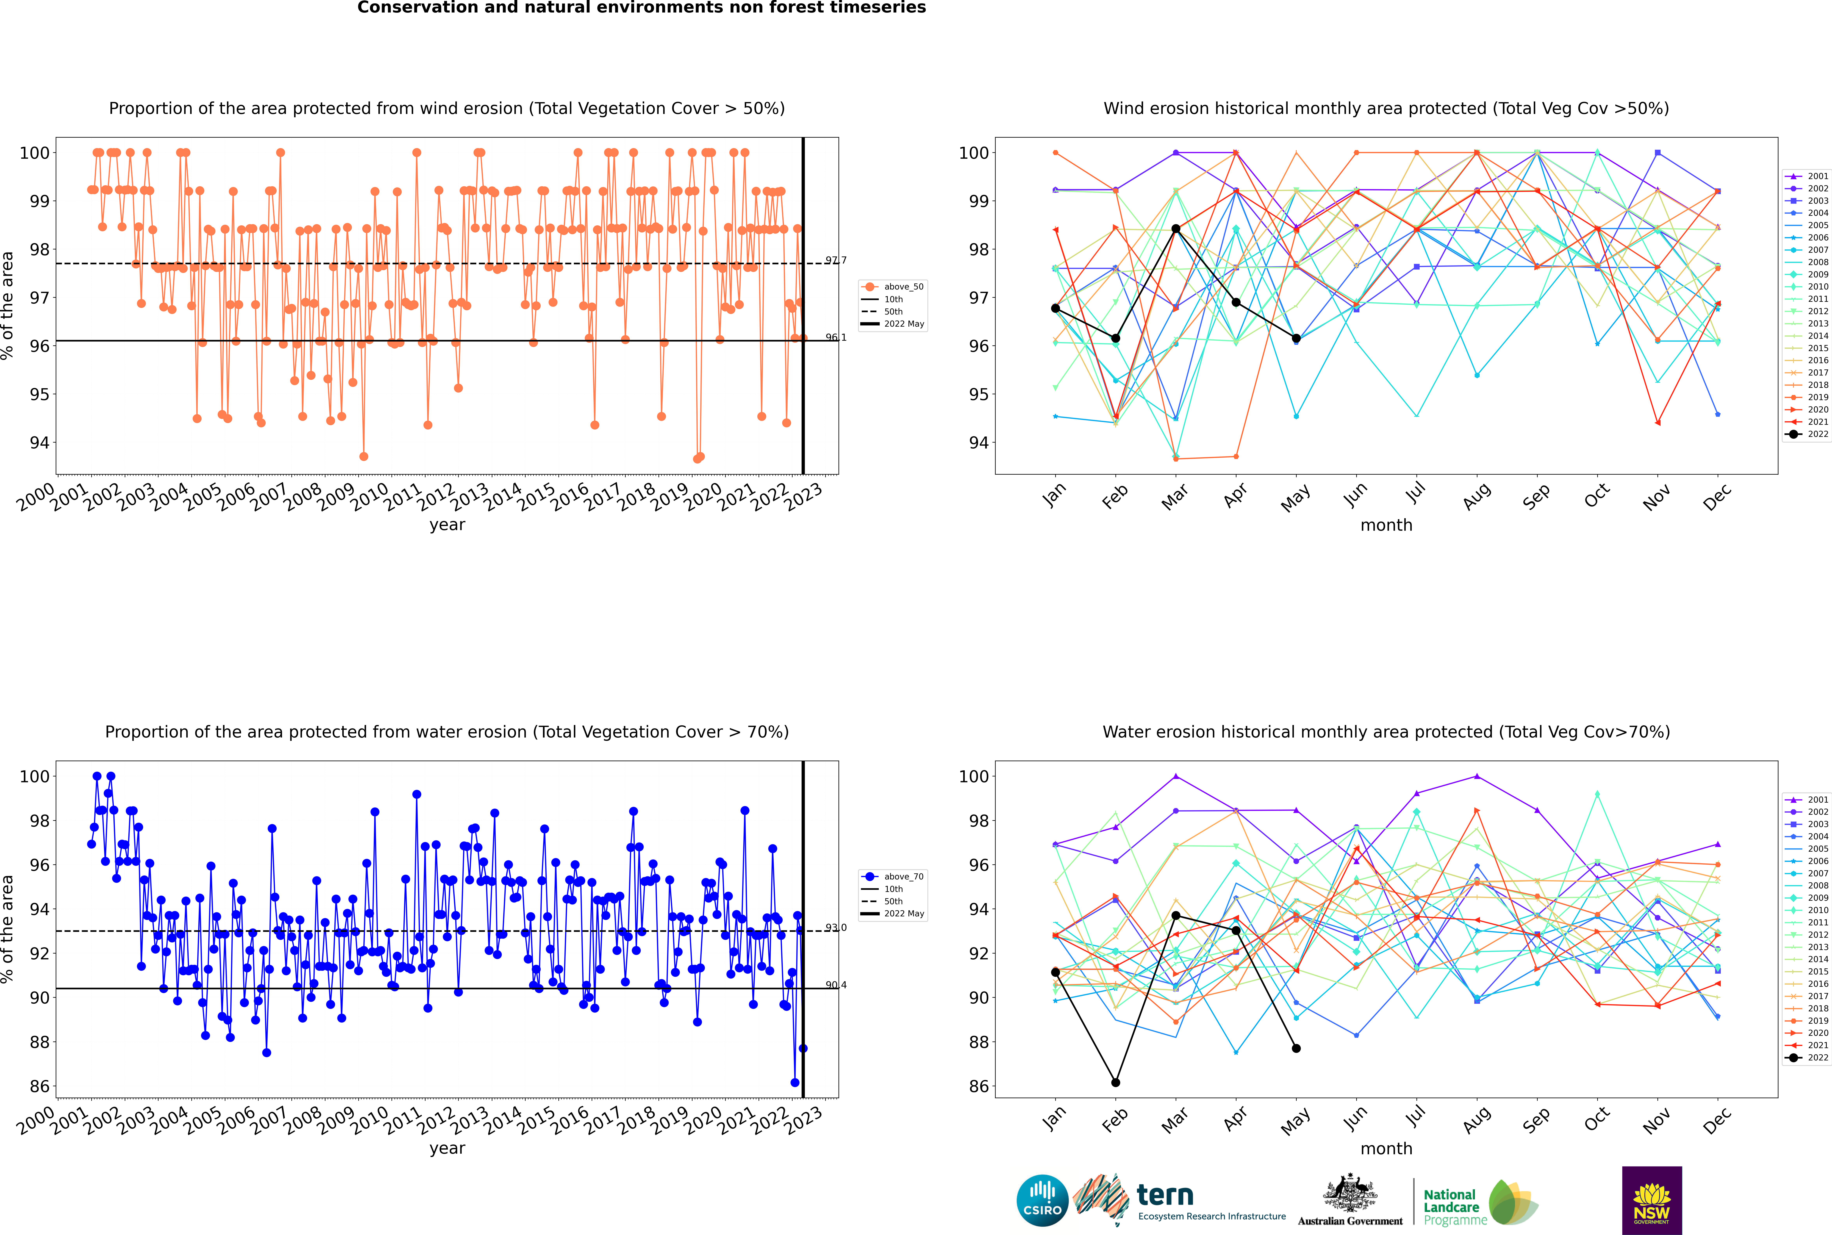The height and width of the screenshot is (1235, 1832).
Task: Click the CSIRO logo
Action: pyautogui.click(x=1042, y=1200)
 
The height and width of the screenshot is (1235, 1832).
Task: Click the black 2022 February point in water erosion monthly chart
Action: pyautogui.click(x=1115, y=1082)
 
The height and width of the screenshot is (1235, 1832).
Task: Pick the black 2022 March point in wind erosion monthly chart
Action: pyautogui.click(x=1176, y=229)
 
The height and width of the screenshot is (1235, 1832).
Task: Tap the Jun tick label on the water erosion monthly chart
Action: pyautogui.click(x=1355, y=1120)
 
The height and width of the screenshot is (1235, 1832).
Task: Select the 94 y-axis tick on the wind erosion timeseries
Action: pyautogui.click(x=39, y=443)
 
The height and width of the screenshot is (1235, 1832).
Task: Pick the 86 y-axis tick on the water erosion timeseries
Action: pyautogui.click(x=39, y=1086)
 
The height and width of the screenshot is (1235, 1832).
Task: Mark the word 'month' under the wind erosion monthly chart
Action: pyautogui.click(x=1386, y=525)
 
